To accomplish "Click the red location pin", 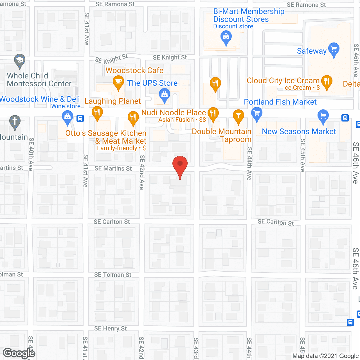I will [180, 164].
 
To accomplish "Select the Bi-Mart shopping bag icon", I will [226, 37].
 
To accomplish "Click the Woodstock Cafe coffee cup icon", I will [118, 82].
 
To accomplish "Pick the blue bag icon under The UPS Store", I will [165, 94].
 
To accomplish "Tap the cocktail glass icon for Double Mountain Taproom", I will [238, 116].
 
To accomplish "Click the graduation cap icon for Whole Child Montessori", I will [20, 60].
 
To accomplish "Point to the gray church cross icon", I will [15, 121].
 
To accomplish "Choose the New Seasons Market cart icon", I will [323, 116].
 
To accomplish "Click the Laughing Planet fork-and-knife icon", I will [97, 112].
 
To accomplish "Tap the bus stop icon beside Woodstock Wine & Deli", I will [80, 118].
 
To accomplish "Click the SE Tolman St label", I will [113, 275].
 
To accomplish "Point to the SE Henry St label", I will [111, 328].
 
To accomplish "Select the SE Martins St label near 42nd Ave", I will [113, 168].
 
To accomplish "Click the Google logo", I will [19, 353].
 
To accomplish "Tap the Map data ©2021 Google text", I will [325, 356].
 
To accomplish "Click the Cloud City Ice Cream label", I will [283, 81].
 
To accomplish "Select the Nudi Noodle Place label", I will [174, 112].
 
